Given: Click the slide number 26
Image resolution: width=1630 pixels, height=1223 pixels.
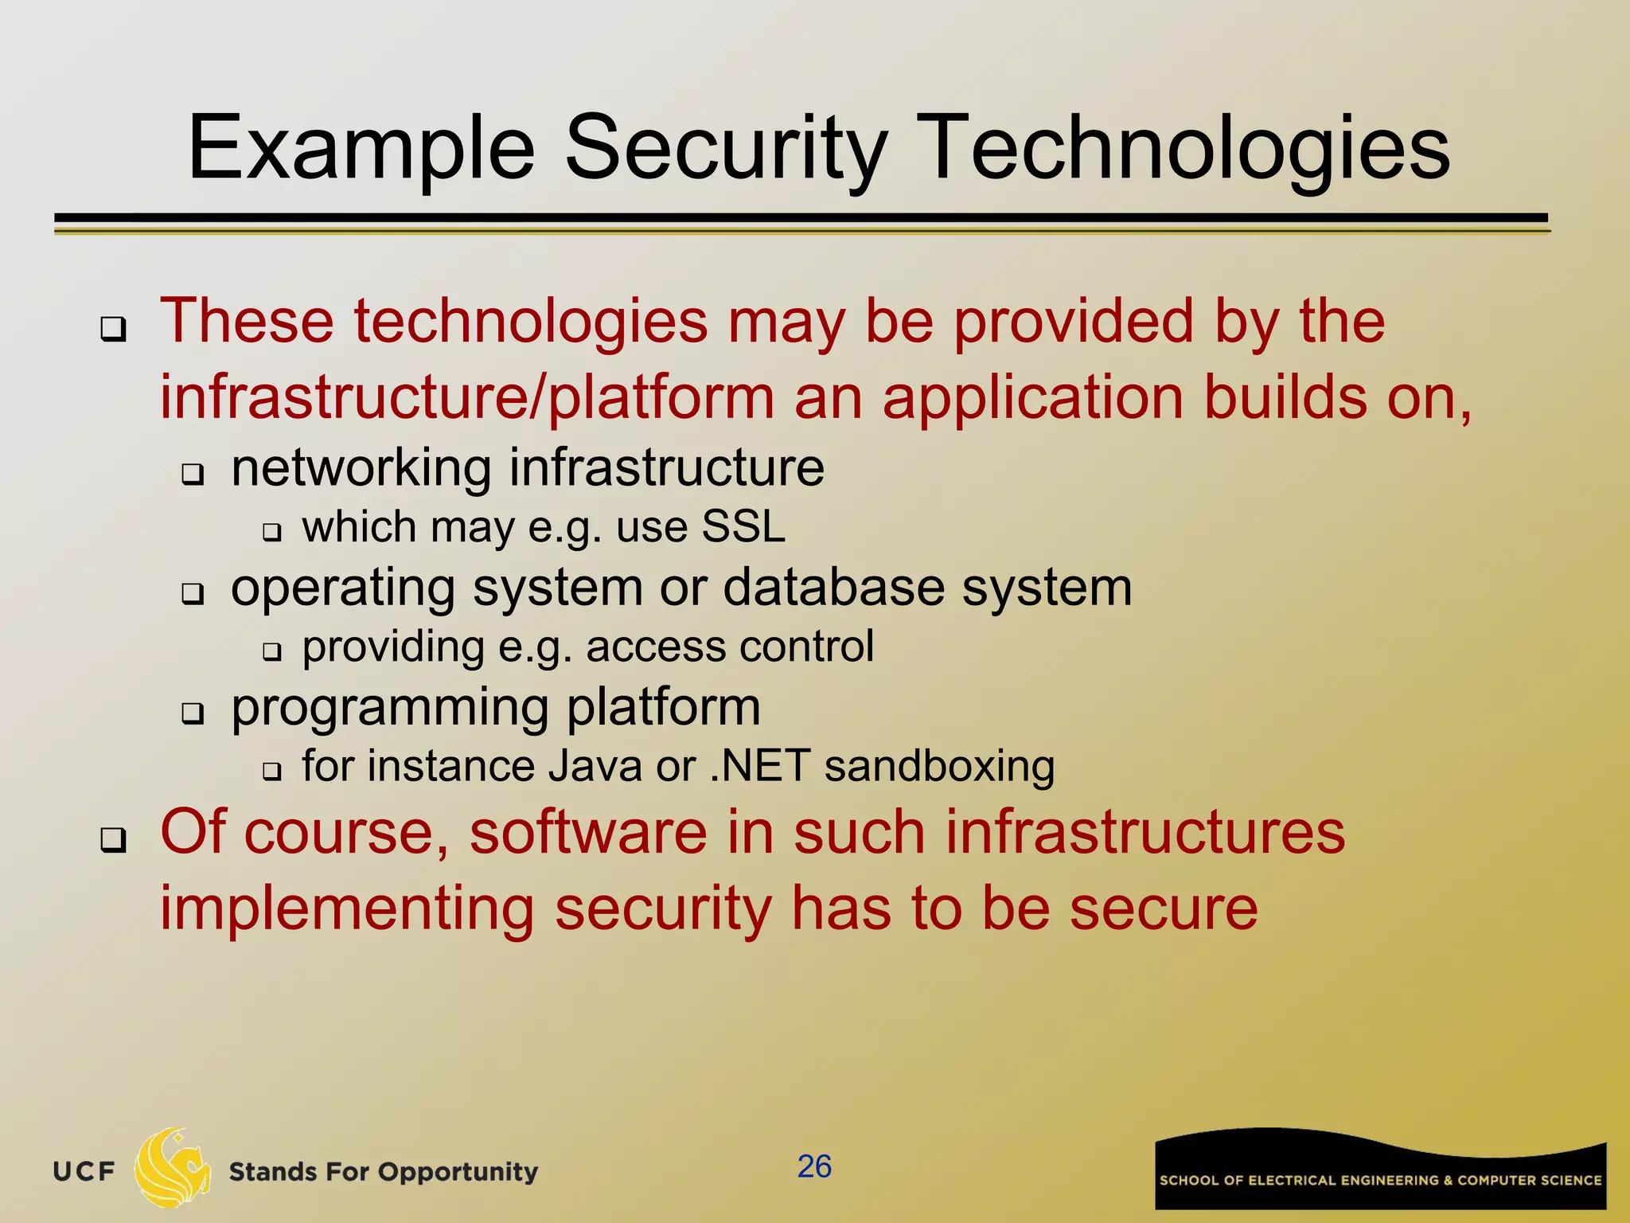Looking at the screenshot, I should coord(814,1166).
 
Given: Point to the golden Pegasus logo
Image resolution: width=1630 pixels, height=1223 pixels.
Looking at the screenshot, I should coord(173,1166).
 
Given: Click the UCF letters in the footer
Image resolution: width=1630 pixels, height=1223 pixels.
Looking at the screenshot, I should coord(84,1171).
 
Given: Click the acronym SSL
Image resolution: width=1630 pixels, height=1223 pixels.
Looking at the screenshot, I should coord(743,527).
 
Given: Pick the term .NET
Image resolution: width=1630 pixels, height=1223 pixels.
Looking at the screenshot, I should coord(759,766).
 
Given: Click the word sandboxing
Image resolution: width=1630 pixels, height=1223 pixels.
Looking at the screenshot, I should coord(939,766).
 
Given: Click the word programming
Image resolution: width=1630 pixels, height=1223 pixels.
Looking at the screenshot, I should coord(389,707).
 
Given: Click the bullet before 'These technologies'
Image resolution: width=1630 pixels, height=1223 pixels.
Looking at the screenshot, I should coord(113,328).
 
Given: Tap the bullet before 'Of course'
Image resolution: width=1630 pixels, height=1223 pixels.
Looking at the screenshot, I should coord(113,838).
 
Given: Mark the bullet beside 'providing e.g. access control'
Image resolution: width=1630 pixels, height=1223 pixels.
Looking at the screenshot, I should coord(272,652).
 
